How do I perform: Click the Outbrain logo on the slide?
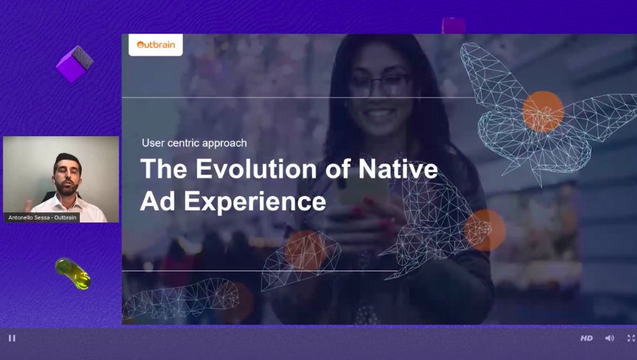tap(155, 45)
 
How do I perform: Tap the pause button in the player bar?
tap(11, 338)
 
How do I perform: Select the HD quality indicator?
tap(586, 338)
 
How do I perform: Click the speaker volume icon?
tap(609, 338)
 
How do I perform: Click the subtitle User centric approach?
tap(194, 143)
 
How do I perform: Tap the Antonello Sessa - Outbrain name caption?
tap(42, 217)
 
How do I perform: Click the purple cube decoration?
tap(75, 64)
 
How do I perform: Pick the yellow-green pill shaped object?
tap(73, 273)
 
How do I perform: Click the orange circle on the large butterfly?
tap(543, 112)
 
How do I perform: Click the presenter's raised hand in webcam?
tap(29, 205)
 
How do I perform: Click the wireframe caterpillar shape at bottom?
tap(180, 299)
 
